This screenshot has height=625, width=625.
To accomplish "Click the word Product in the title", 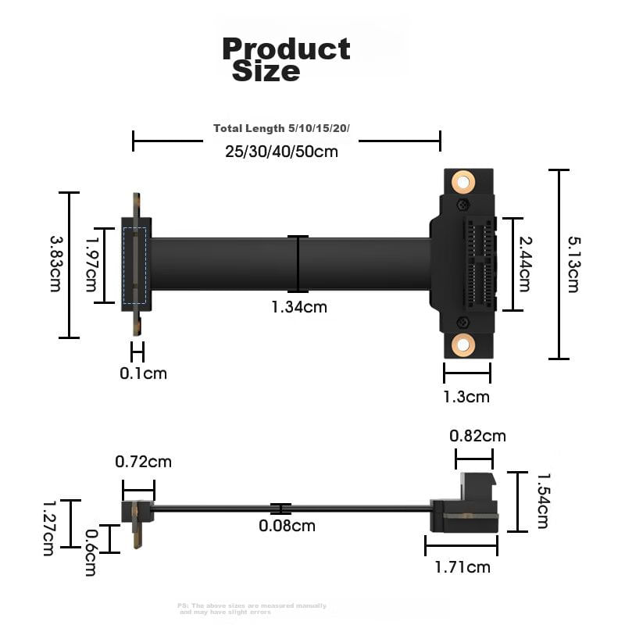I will point(286,48).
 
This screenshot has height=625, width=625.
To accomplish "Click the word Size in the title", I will point(266,72).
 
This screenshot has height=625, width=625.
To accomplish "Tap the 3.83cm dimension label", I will point(55,264).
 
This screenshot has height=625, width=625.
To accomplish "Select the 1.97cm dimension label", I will point(91,264).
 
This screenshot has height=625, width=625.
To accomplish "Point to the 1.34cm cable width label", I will point(299,307).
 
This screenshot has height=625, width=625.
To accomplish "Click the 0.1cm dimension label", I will point(143,373).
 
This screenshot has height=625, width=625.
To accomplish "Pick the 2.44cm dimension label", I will point(525,264).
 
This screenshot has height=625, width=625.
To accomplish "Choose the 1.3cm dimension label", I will point(466,397).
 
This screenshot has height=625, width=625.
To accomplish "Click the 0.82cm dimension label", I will point(477,436).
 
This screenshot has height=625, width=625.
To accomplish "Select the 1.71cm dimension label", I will point(462,566).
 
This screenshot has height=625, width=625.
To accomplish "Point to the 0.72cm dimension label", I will point(143,462).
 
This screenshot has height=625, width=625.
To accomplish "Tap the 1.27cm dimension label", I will point(48,527).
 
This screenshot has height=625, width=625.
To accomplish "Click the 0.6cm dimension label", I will point(91,552).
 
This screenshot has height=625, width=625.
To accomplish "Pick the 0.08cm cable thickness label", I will point(287,526).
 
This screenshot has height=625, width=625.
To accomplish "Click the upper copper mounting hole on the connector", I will point(463,183).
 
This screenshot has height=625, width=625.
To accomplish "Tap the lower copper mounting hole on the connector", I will point(463,344).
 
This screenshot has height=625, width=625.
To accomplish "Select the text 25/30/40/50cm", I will point(281,152).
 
